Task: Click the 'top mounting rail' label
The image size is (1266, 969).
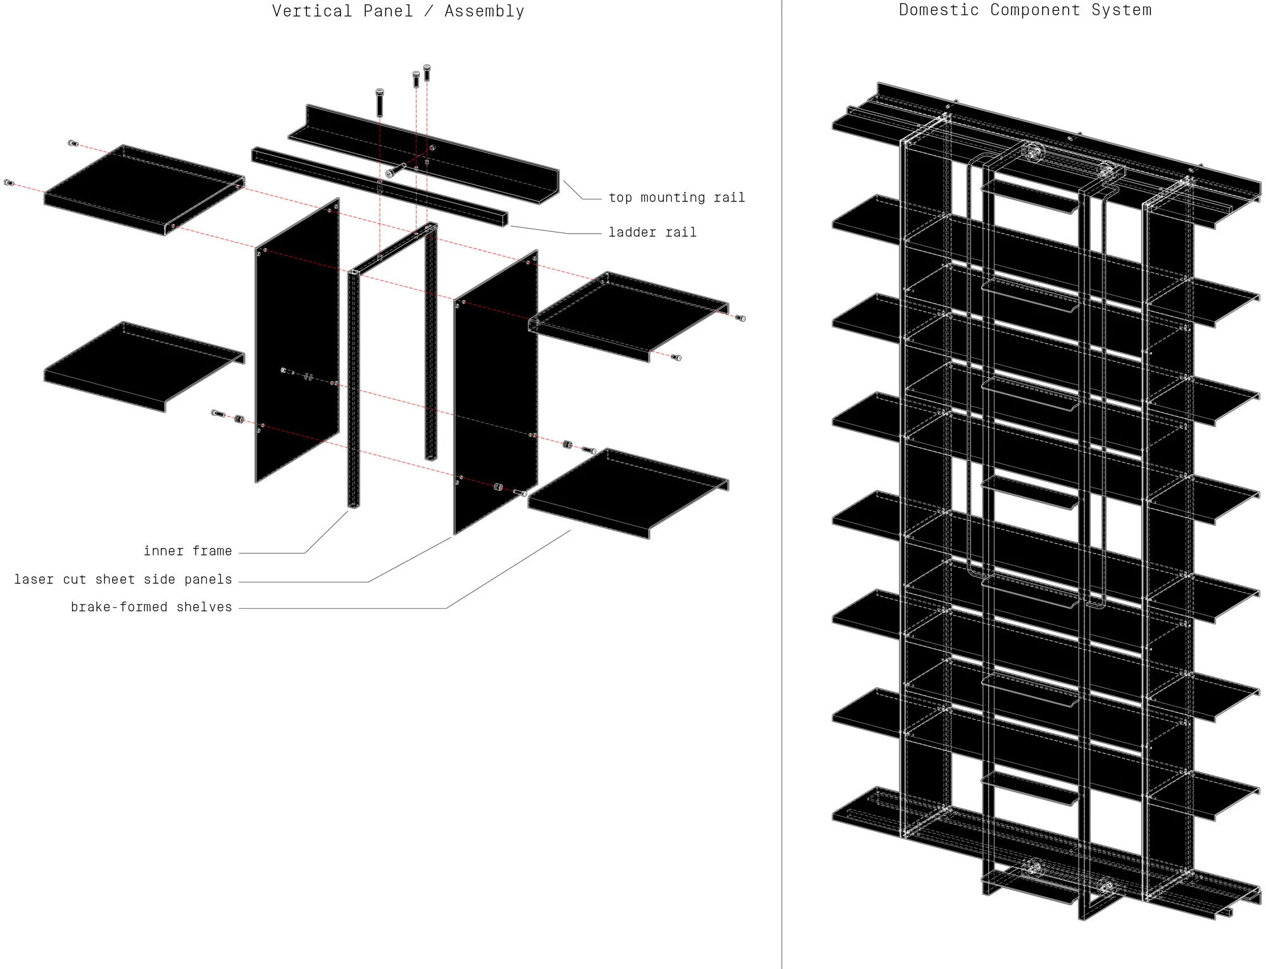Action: (676, 198)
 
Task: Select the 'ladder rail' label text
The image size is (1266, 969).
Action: (652, 232)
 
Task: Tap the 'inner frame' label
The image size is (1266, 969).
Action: (187, 551)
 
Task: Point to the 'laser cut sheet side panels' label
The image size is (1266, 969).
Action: (123, 579)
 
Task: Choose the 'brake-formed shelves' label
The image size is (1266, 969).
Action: (151, 607)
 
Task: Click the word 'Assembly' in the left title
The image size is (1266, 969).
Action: (484, 11)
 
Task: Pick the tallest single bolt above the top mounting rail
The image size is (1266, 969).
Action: (380, 102)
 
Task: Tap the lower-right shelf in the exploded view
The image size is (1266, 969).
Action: (627, 491)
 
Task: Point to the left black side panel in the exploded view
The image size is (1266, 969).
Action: (296, 342)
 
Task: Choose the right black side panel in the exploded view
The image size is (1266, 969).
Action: (495, 393)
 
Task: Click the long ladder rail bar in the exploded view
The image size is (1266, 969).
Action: (380, 186)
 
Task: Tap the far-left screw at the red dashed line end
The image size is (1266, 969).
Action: (9, 183)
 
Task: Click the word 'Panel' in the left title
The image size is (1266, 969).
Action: (387, 11)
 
